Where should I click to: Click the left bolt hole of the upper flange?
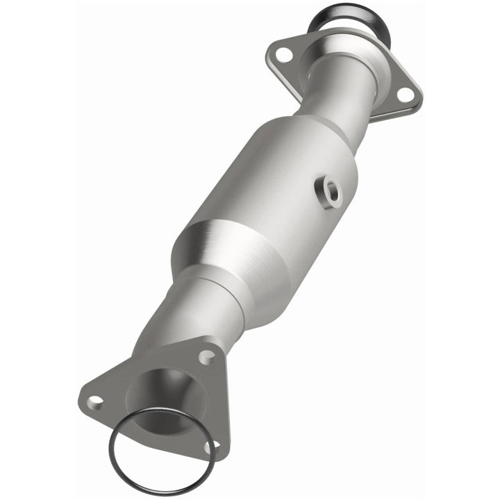coord(282,53)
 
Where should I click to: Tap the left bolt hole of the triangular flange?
coord(95,401)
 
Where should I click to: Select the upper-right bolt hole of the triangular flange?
coord(206,357)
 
